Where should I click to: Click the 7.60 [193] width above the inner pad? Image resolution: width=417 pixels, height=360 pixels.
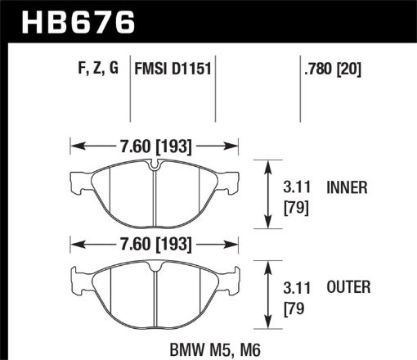[155, 147]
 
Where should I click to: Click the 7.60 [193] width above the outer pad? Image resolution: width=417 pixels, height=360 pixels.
[155, 243]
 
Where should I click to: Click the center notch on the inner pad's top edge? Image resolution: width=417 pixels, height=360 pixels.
[155, 168]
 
